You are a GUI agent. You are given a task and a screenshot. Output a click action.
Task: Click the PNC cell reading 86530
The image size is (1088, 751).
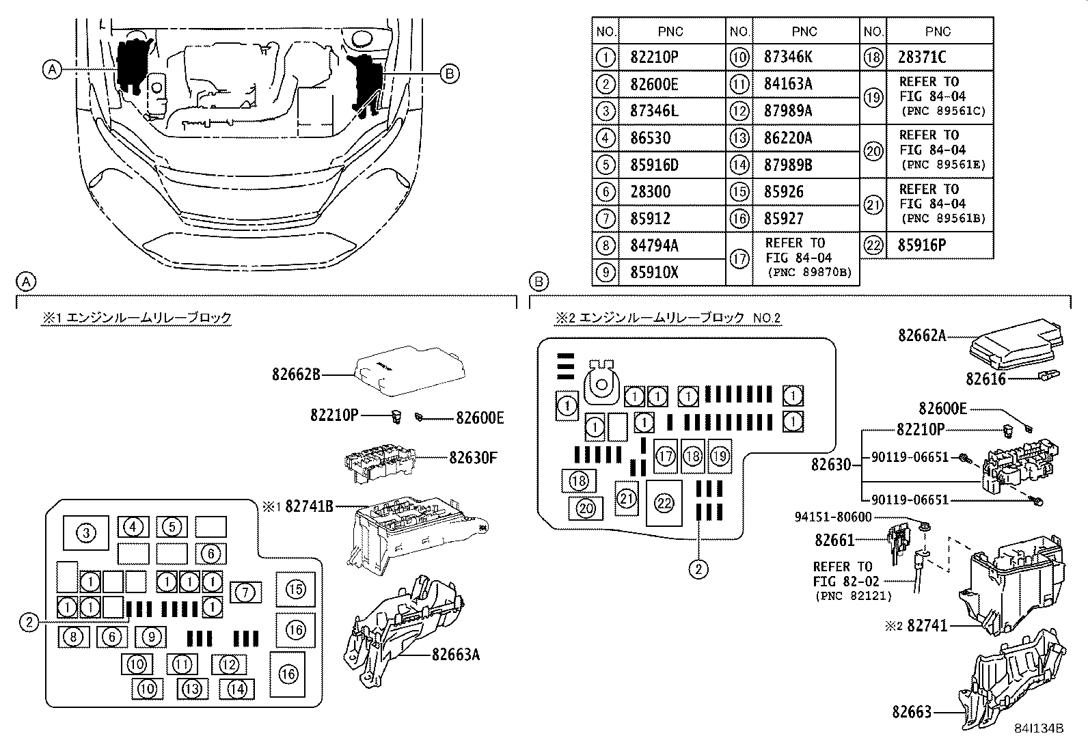650,138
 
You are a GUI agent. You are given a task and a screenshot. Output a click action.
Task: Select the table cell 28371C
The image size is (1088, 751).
923,57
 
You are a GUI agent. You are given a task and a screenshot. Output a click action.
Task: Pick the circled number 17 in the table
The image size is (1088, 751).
739,259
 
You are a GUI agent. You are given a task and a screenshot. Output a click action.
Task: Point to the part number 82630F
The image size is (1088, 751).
473,458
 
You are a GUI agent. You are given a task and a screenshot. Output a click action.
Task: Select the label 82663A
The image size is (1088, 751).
455,655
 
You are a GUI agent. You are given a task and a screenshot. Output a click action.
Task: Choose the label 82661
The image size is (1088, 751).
834,540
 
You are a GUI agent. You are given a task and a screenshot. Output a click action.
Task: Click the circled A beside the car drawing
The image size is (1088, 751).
52,68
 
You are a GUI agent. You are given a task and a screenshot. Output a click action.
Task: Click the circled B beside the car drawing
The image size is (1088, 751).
449,74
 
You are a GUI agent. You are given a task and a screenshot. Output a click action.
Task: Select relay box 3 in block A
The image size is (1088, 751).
86,533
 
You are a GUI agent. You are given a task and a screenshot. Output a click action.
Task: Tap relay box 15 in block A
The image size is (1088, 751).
295,589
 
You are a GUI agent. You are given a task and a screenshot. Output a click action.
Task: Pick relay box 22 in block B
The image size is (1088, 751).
664,504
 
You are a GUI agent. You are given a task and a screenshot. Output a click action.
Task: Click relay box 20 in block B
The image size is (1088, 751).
586,508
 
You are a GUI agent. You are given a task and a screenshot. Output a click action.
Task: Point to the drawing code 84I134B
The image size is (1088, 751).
1039,729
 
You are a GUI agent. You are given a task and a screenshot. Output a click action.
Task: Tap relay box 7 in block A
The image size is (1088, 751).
246,592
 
